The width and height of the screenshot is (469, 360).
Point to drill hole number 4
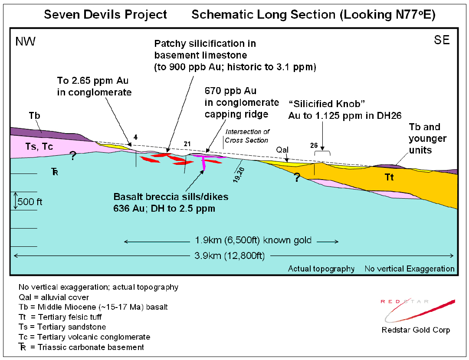[x=136, y=137]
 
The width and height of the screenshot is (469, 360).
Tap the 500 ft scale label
[x=30, y=202]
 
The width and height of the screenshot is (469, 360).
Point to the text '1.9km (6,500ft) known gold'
[x=253, y=240]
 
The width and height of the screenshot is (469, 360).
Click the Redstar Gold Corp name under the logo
[x=416, y=330]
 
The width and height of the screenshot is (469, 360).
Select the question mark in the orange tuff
[x=297, y=177]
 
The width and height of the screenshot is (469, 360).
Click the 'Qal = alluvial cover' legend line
[x=54, y=297]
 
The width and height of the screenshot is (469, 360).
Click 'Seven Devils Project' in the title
[x=106, y=15]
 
